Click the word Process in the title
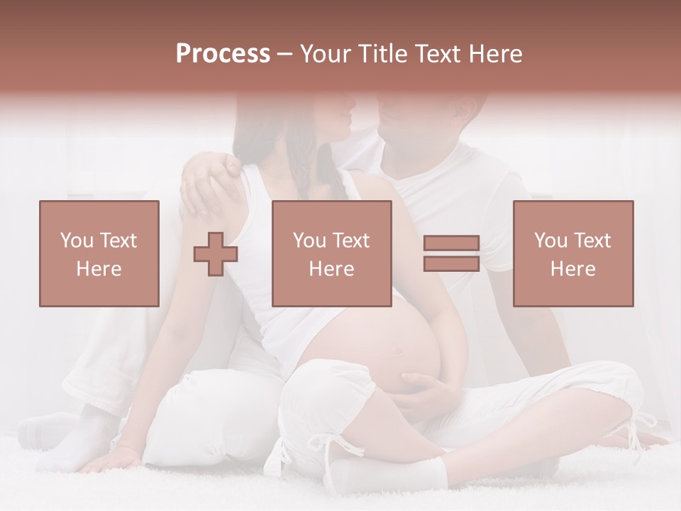pyautogui.click(x=223, y=54)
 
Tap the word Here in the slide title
pyautogui.click(x=496, y=54)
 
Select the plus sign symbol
pyautogui.click(x=216, y=254)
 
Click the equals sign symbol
pyautogui.click(x=451, y=254)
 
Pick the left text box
pyautogui.click(x=99, y=253)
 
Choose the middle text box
pyautogui.click(x=331, y=253)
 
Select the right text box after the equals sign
pyautogui.click(x=572, y=253)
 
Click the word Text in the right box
pyautogui.click(x=592, y=241)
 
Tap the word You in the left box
pyautogui.click(x=77, y=241)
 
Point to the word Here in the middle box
pyautogui.click(x=331, y=269)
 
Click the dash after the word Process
pyautogui.click(x=285, y=54)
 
